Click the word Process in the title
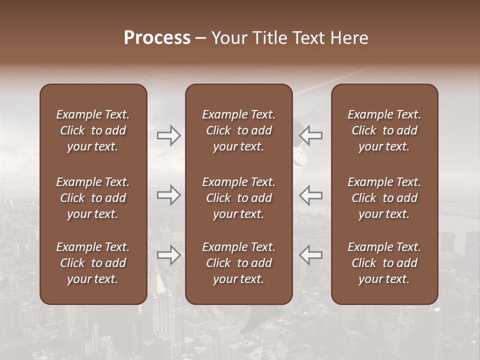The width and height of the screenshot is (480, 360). pyautogui.click(x=157, y=38)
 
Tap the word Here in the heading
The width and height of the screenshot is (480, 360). pyautogui.click(x=350, y=38)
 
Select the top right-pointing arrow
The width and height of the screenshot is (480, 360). pyautogui.click(x=169, y=135)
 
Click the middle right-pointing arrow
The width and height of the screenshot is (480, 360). pyautogui.click(x=169, y=195)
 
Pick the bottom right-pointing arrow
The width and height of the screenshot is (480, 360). pyautogui.click(x=169, y=255)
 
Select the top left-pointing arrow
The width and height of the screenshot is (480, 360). pyautogui.click(x=310, y=135)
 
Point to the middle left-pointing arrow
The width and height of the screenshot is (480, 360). pyautogui.click(x=310, y=195)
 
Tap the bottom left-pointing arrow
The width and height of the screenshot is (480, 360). pyautogui.click(x=310, y=255)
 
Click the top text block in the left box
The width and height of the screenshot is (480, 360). pyautogui.click(x=93, y=130)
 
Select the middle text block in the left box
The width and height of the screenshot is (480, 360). pyautogui.click(x=93, y=198)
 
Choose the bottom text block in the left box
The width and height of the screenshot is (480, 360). pyautogui.click(x=93, y=263)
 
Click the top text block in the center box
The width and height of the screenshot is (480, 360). pyautogui.click(x=238, y=130)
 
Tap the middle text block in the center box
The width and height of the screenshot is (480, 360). pyautogui.click(x=238, y=198)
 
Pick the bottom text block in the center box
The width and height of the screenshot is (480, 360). pyautogui.click(x=238, y=263)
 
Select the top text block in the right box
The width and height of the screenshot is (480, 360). pyautogui.click(x=384, y=130)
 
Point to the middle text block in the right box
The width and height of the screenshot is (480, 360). pyautogui.click(x=384, y=198)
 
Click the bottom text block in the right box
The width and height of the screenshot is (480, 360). pyautogui.click(x=384, y=263)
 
